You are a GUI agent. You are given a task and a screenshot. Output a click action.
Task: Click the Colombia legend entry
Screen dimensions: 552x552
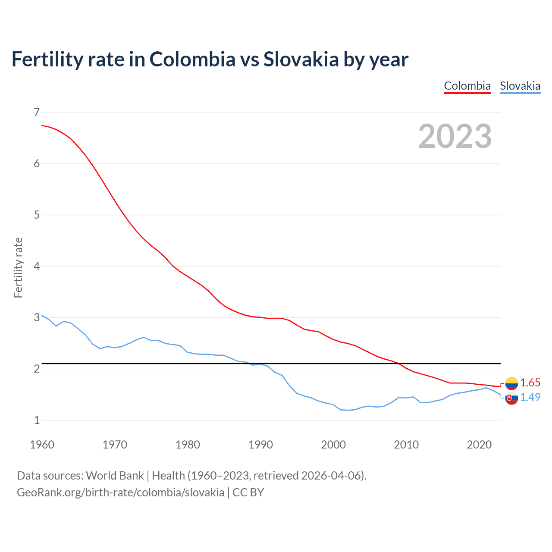click(x=467, y=86)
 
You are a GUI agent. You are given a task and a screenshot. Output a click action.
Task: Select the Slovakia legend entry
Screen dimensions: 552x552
click(x=520, y=86)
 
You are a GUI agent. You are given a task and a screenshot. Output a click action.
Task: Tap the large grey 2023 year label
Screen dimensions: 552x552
click(x=455, y=136)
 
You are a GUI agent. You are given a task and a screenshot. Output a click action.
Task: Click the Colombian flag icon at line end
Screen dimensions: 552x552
click(x=511, y=383)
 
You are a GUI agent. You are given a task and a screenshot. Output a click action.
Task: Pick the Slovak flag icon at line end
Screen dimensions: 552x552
click(x=511, y=398)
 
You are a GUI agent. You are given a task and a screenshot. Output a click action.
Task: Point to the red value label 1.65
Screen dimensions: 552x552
click(x=530, y=383)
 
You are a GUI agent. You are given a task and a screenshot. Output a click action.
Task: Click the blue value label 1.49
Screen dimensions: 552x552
click(x=530, y=397)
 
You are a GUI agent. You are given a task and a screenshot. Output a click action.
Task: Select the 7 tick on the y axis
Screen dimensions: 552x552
click(x=37, y=113)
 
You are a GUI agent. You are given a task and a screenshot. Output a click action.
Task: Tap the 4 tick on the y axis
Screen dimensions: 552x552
click(x=37, y=266)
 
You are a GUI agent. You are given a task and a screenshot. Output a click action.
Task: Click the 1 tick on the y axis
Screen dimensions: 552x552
click(x=37, y=420)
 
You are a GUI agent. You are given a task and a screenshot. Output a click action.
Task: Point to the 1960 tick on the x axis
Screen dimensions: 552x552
click(x=42, y=445)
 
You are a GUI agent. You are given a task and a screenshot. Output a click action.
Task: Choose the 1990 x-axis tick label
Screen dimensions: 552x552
click(x=260, y=445)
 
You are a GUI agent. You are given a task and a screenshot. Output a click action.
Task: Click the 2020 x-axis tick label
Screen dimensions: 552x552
click(x=479, y=445)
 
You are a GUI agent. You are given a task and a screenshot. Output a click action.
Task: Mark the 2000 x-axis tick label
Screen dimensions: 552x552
click(x=333, y=445)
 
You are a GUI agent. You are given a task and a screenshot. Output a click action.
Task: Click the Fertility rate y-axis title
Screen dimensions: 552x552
click(x=18, y=267)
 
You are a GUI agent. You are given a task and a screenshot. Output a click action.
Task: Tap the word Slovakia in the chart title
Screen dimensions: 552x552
click(x=301, y=60)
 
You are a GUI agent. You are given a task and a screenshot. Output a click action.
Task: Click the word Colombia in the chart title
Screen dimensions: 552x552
click(x=192, y=60)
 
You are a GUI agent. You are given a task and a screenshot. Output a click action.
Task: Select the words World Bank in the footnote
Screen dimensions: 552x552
click(x=115, y=476)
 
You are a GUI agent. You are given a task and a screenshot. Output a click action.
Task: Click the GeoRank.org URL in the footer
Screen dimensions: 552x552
click(x=120, y=492)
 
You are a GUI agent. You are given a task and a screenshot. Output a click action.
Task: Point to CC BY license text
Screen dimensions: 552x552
click(x=248, y=492)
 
